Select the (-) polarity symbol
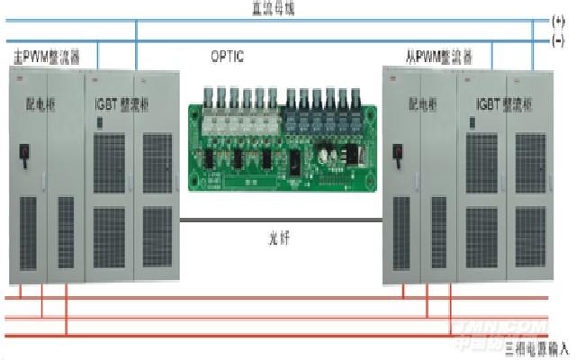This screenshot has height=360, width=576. click(x=559, y=40)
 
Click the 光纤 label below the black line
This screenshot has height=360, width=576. click(x=285, y=239)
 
